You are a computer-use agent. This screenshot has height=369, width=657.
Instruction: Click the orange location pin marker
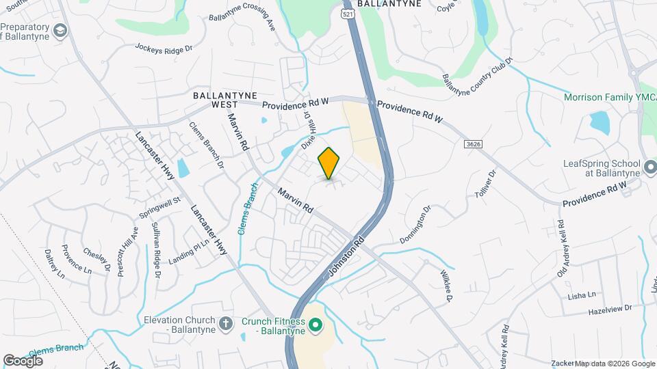[329, 163]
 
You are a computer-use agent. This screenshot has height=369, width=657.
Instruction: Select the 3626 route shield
[472, 144]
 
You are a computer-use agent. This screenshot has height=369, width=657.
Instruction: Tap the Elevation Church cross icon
[227, 324]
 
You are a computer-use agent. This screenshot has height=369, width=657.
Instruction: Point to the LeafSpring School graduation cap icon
[651, 165]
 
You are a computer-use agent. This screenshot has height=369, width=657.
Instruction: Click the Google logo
[23, 360]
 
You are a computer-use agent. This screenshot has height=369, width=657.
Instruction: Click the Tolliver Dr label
[485, 184]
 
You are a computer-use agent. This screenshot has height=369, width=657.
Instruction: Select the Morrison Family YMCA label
[608, 98]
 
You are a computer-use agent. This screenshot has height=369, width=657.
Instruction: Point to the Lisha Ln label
[582, 296]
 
